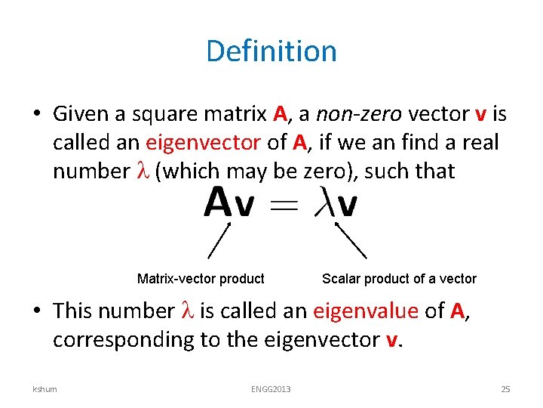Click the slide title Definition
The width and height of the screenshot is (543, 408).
coord(271,51)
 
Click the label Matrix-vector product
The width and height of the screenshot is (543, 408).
coord(201,279)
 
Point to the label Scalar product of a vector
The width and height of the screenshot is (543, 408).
coord(399,279)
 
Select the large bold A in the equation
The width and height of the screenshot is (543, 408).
coord(217,202)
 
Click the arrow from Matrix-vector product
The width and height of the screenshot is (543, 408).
coord(219,240)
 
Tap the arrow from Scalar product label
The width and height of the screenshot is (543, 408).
coord(351,240)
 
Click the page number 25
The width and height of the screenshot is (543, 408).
coord(505,389)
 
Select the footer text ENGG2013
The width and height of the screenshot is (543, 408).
coord(271,389)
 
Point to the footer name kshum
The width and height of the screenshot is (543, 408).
coord(44,389)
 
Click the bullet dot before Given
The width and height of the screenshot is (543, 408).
coord(36,115)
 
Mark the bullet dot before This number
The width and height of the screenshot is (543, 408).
coord(36,311)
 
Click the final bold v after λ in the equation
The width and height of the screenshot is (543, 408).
coord(348,205)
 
